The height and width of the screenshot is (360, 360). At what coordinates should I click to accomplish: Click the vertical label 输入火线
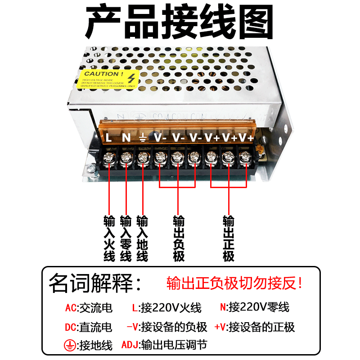pyautogui.click(x=109, y=239)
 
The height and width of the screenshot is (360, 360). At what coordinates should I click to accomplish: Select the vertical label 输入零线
pyautogui.click(x=126, y=239)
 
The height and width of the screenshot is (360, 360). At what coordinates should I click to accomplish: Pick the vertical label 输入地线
pyautogui.click(x=142, y=239)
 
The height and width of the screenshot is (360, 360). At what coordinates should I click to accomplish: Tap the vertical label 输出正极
pyautogui.click(x=228, y=239)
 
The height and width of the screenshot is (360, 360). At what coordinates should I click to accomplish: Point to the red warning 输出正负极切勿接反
pyautogui.click(x=234, y=283)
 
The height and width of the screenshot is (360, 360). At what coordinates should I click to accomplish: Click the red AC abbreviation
pyautogui.click(x=71, y=308)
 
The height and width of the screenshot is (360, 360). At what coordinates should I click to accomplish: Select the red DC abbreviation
pyautogui.click(x=71, y=327)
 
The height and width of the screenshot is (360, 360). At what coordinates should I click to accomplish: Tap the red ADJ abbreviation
pyautogui.click(x=130, y=346)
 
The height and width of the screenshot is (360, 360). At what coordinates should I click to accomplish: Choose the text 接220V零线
pyautogui.click(x=259, y=308)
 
